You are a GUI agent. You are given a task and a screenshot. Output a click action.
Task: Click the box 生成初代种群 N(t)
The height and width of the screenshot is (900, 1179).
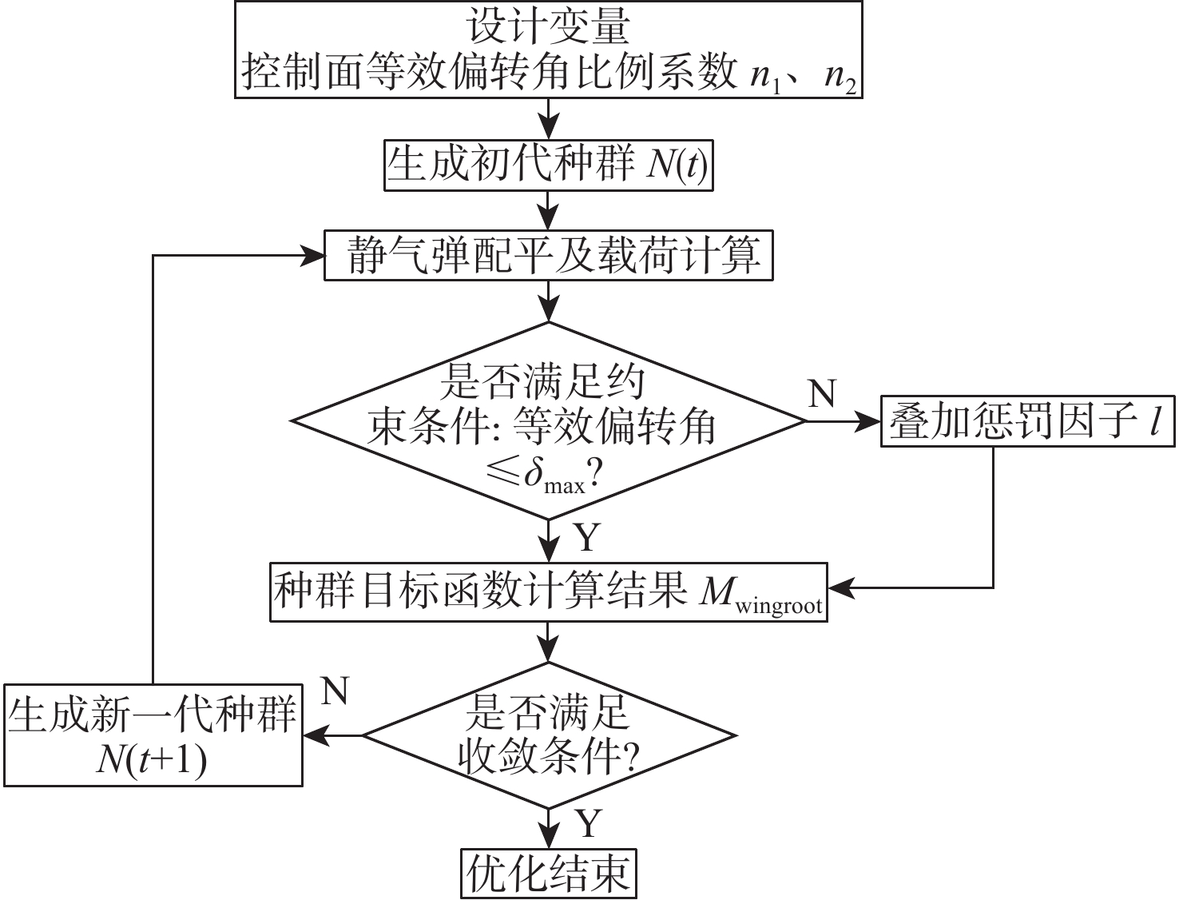point(548,165)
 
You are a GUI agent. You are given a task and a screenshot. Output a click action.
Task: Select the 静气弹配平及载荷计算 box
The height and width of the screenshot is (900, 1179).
point(548,256)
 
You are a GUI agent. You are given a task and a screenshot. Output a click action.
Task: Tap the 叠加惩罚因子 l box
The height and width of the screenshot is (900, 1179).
point(1027,421)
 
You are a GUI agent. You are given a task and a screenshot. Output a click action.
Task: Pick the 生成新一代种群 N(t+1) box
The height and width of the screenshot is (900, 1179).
point(153,735)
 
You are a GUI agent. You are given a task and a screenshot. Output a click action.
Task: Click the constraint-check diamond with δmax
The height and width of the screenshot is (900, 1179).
point(548,421)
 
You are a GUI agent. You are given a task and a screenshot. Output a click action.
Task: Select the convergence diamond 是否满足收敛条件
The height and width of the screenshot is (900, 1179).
point(548,735)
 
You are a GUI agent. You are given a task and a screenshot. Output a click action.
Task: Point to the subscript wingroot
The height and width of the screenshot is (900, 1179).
point(778,606)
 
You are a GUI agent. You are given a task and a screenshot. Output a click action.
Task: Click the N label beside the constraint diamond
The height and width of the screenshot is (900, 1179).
point(822,393)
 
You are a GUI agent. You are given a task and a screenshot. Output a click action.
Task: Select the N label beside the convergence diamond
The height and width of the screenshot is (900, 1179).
point(335,691)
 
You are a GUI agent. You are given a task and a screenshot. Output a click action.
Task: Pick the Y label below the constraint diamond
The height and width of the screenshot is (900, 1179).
point(587,539)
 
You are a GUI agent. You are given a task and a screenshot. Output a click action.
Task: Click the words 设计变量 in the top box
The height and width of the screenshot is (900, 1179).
point(548,27)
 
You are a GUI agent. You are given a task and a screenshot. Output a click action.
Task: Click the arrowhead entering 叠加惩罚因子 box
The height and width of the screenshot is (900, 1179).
point(868,421)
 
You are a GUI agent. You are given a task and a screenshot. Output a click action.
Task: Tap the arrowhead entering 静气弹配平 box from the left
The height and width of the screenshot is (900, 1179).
point(312,256)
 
